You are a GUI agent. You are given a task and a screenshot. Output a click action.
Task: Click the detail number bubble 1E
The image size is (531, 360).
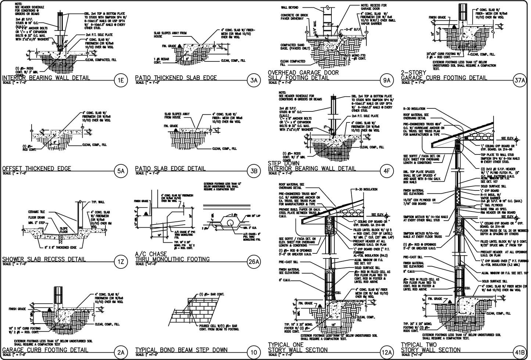(121, 81)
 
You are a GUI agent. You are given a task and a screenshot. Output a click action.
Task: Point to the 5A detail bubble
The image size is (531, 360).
(121, 171)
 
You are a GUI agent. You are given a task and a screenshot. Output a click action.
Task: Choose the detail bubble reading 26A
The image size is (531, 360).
(254, 262)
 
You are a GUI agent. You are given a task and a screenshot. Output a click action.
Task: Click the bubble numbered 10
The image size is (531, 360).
(254, 353)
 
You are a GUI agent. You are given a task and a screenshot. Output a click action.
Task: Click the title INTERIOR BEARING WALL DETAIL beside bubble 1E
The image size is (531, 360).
(46, 78)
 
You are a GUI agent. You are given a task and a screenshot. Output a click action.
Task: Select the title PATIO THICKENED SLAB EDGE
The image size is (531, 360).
(176, 78)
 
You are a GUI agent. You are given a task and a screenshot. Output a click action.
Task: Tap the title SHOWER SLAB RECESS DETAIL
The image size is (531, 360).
(44, 259)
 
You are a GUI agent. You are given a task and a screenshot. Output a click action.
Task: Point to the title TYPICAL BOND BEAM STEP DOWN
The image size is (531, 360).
(182, 350)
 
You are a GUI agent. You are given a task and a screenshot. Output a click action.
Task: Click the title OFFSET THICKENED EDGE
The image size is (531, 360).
(37, 168)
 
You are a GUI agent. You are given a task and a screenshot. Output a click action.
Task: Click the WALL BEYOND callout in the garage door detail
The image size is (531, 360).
(290, 7)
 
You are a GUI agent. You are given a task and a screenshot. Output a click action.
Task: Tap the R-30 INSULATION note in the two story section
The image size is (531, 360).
(414, 109)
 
